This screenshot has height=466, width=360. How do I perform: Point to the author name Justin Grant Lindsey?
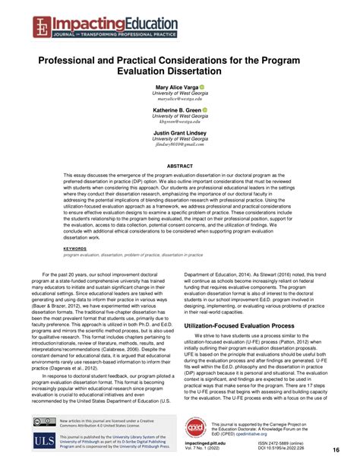pyautogui.click(x=180, y=132)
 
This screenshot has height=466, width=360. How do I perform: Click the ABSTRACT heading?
pyautogui.click(x=180, y=164)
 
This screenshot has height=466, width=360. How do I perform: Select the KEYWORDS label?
pyautogui.click(x=74, y=248)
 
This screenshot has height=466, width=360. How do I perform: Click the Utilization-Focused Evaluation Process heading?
pyautogui.click(x=256, y=325)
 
